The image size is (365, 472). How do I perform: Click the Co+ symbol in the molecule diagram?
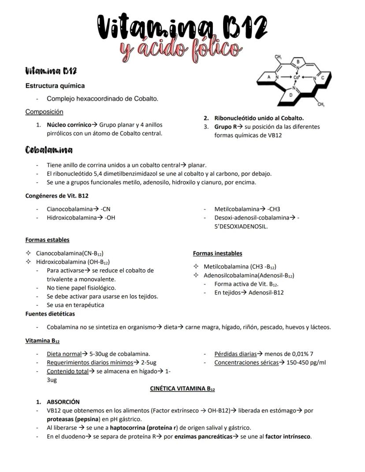(296, 78)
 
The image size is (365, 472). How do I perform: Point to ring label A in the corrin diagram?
(269, 77)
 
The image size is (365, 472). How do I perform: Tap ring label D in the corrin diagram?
(291, 95)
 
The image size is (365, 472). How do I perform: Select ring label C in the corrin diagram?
(323, 78)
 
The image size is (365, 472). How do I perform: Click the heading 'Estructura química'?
(55, 85)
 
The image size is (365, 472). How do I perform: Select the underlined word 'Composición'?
(44, 111)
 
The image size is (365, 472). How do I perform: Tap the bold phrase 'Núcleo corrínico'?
(69, 125)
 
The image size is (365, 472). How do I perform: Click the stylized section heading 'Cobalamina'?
(49, 150)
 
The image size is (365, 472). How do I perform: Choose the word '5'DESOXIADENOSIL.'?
(241, 226)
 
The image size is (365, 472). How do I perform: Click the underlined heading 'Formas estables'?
(47, 240)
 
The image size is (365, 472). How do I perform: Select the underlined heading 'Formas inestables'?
(217, 253)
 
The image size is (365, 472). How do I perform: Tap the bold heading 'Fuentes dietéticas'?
(50, 314)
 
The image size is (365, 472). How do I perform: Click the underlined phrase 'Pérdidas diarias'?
(235, 353)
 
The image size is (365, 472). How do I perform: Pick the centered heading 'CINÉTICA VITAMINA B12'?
(182, 389)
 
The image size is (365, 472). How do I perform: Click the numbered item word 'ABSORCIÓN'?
(63, 402)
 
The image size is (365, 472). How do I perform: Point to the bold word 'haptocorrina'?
(127, 427)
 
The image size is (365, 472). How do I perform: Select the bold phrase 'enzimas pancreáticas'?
(202, 436)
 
